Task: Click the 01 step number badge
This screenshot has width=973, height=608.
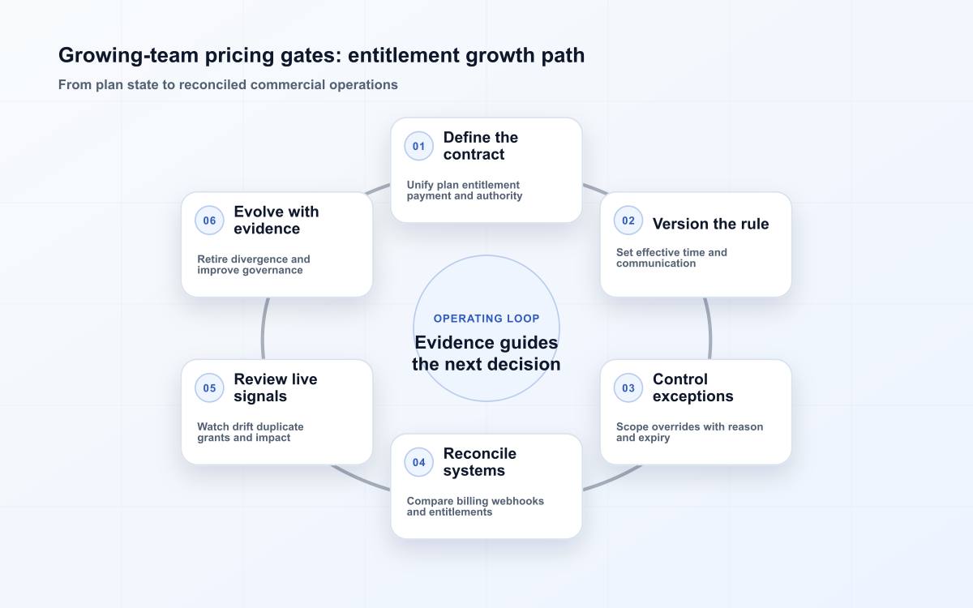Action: coord(418,146)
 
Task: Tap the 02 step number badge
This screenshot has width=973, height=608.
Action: coord(628,221)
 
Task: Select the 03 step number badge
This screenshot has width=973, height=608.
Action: coord(628,387)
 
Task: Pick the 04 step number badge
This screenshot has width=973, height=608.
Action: coord(418,462)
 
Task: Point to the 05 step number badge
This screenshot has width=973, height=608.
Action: coord(209,387)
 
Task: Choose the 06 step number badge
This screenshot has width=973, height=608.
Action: coord(209,221)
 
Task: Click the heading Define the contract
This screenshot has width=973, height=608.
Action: coord(480,146)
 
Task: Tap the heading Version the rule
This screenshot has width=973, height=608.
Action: coord(710,224)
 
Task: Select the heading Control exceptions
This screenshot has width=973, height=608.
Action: coord(692,387)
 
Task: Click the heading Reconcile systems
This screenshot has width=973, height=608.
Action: coord(479,462)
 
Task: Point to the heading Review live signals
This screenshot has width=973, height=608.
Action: coord(276,387)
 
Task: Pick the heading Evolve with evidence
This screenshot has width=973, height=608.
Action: coord(276,221)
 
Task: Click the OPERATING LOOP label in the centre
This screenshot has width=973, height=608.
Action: coord(486,319)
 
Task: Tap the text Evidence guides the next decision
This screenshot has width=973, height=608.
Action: coord(486,353)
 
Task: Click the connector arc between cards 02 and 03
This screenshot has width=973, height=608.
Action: coord(709,328)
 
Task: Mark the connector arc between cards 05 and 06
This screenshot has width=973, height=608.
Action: coord(264,328)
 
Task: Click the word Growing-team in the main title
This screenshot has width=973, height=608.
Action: coord(128,56)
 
